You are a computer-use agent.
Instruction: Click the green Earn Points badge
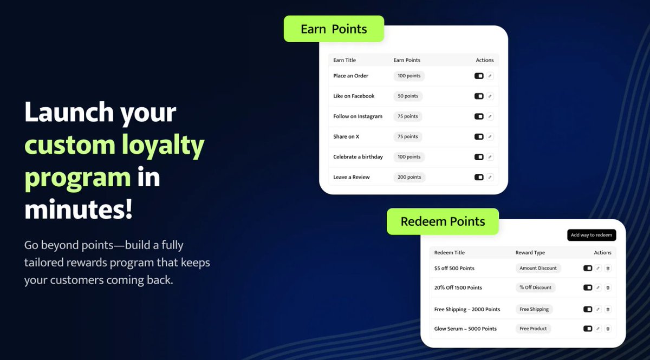point(334,29)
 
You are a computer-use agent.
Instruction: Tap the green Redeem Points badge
point(443,221)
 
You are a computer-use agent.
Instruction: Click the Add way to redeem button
point(591,235)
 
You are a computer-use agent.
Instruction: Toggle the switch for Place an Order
point(479,76)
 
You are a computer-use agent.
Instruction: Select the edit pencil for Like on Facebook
point(490,96)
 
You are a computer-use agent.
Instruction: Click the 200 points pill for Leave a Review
point(409,177)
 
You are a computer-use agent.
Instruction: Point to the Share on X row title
point(346,137)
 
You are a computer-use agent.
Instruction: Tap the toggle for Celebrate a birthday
point(479,157)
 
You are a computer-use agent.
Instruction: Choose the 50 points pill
point(408,96)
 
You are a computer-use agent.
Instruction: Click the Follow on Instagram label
point(357,116)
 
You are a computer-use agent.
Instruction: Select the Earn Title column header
point(344,60)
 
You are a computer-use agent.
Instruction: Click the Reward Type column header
point(530,253)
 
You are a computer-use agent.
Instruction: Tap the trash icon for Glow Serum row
point(607,329)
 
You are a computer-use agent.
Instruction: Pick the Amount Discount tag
point(538,268)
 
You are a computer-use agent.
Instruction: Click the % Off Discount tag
point(535,287)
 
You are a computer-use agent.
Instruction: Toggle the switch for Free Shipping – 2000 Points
point(588,309)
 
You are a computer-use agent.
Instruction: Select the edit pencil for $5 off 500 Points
point(598,268)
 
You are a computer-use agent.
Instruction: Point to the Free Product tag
point(533,329)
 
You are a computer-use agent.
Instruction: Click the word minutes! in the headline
point(79,209)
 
